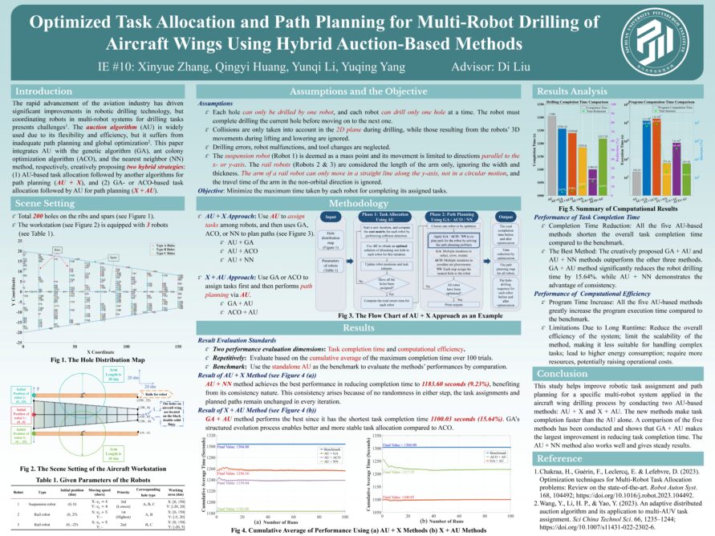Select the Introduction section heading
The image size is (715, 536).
point(44,91)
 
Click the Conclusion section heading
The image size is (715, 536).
point(563,373)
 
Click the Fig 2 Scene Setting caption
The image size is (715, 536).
point(95,445)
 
